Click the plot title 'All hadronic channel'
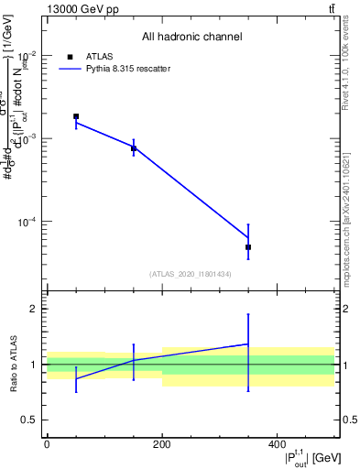[x=191, y=37]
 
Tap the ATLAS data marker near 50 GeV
[x=76, y=116]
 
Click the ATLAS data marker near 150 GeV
[x=134, y=148]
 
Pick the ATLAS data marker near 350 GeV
[x=248, y=247]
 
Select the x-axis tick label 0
[x=47, y=444]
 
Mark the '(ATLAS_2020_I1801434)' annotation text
[x=191, y=274]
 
